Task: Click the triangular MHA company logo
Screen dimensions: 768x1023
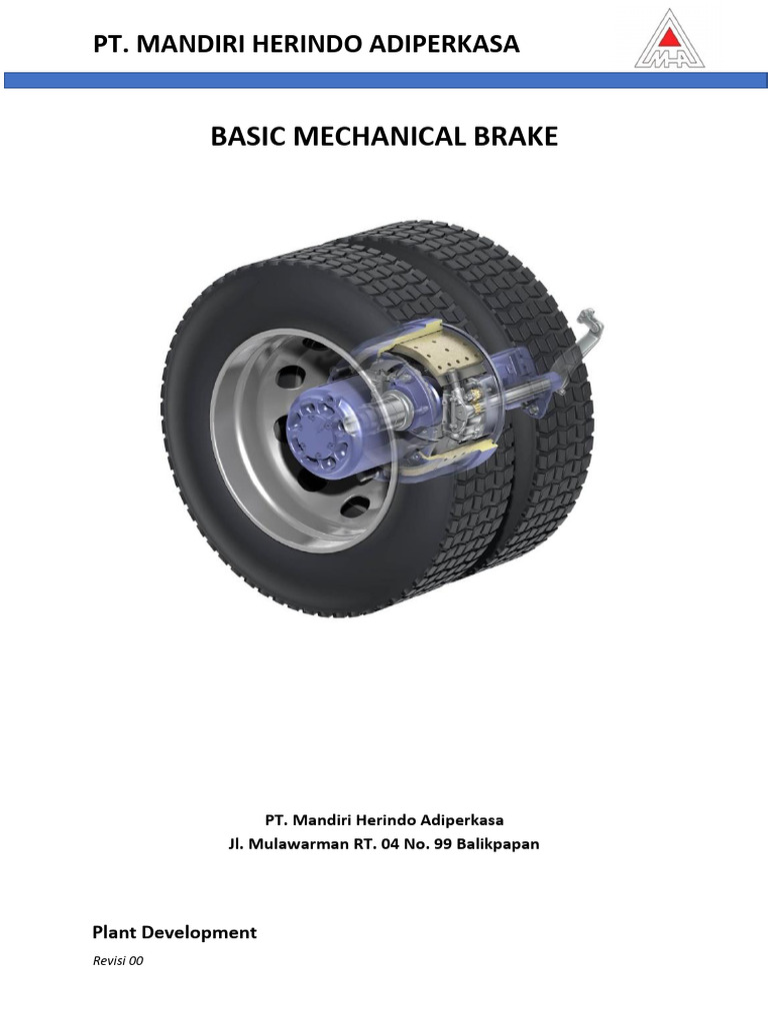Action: [x=669, y=39]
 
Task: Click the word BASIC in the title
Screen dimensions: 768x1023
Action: [x=249, y=136]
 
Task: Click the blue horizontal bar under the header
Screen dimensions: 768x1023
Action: [x=385, y=80]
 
